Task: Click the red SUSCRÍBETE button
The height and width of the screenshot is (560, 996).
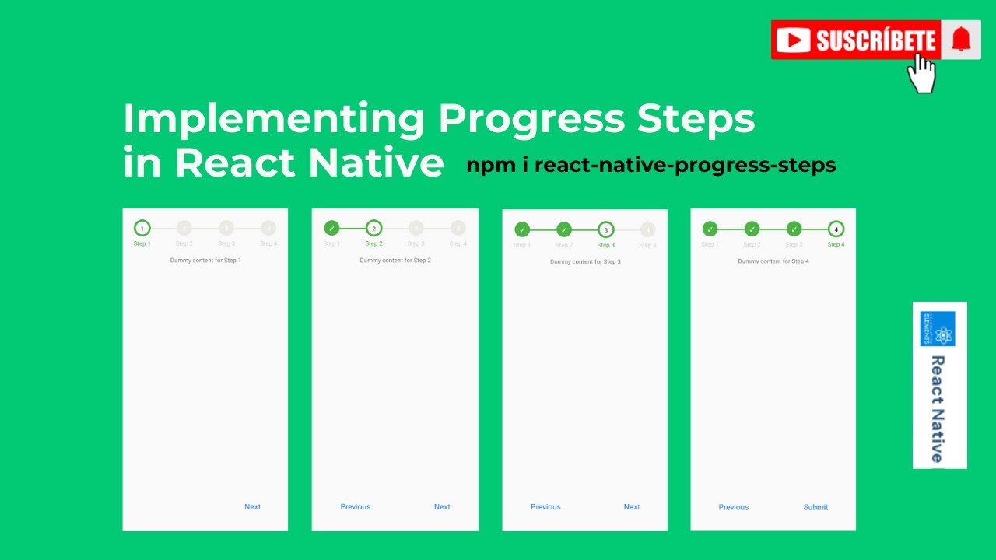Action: (x=856, y=40)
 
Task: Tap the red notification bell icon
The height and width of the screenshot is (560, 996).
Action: (x=961, y=39)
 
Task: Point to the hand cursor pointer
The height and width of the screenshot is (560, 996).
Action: (x=921, y=75)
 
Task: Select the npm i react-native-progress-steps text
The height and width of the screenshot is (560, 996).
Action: (x=651, y=165)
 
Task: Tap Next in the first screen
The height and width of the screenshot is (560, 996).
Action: (x=252, y=506)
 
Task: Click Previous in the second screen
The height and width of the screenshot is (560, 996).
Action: (x=355, y=506)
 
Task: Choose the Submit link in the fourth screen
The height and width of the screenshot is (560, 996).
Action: (x=815, y=507)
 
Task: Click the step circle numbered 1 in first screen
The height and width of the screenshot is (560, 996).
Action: (x=142, y=228)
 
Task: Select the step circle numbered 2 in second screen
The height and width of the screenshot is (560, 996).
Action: (x=373, y=228)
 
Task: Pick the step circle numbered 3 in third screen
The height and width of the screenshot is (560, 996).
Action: (x=605, y=229)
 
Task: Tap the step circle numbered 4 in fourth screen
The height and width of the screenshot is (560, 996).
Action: (x=836, y=229)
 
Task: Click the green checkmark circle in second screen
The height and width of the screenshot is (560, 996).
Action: (x=331, y=228)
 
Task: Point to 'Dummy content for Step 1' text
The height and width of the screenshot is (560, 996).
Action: (x=205, y=261)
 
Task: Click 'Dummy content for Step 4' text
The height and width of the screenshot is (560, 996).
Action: (x=773, y=261)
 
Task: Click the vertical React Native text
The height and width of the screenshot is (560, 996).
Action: (x=938, y=408)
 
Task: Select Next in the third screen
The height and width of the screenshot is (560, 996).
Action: (x=631, y=506)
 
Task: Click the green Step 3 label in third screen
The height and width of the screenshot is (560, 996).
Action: (x=605, y=245)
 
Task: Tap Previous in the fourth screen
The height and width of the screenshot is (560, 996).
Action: (x=733, y=507)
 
